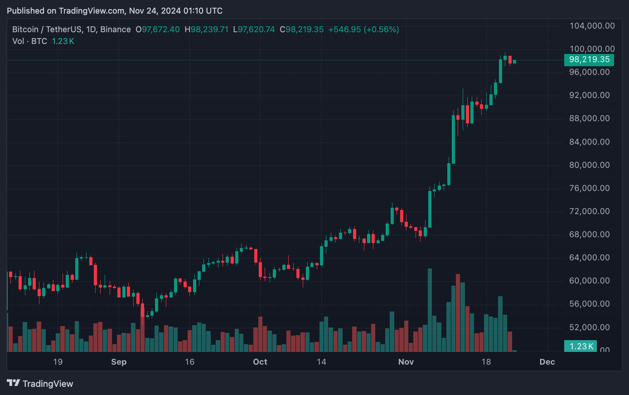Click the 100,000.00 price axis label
click(592, 49)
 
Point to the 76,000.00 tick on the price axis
click(589, 188)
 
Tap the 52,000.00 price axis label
click(589, 327)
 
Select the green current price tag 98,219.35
click(589, 60)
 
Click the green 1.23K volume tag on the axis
click(581, 346)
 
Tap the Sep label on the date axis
click(119, 362)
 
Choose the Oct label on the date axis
click(260, 362)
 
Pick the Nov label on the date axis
click(406, 362)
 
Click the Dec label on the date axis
click(547, 362)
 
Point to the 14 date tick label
click(321, 362)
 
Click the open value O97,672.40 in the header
click(158, 29)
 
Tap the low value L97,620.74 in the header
click(254, 29)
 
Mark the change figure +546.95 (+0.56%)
click(363, 29)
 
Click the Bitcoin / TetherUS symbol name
click(47, 29)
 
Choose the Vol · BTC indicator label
click(29, 41)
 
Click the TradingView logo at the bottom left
click(40, 384)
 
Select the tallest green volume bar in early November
click(430, 310)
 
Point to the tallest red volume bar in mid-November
click(458, 313)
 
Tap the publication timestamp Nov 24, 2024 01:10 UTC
click(176, 11)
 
